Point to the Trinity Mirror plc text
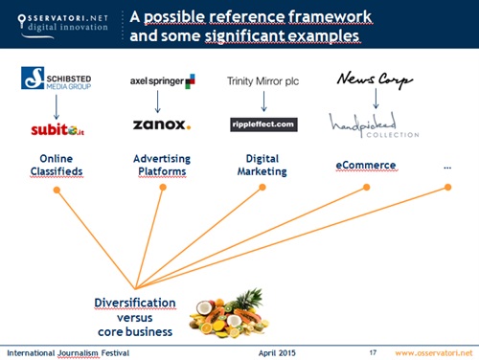pos(262,81)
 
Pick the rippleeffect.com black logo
pos(264,124)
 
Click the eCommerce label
pos(364,165)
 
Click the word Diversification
pos(135,303)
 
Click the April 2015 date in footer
pos(278,352)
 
